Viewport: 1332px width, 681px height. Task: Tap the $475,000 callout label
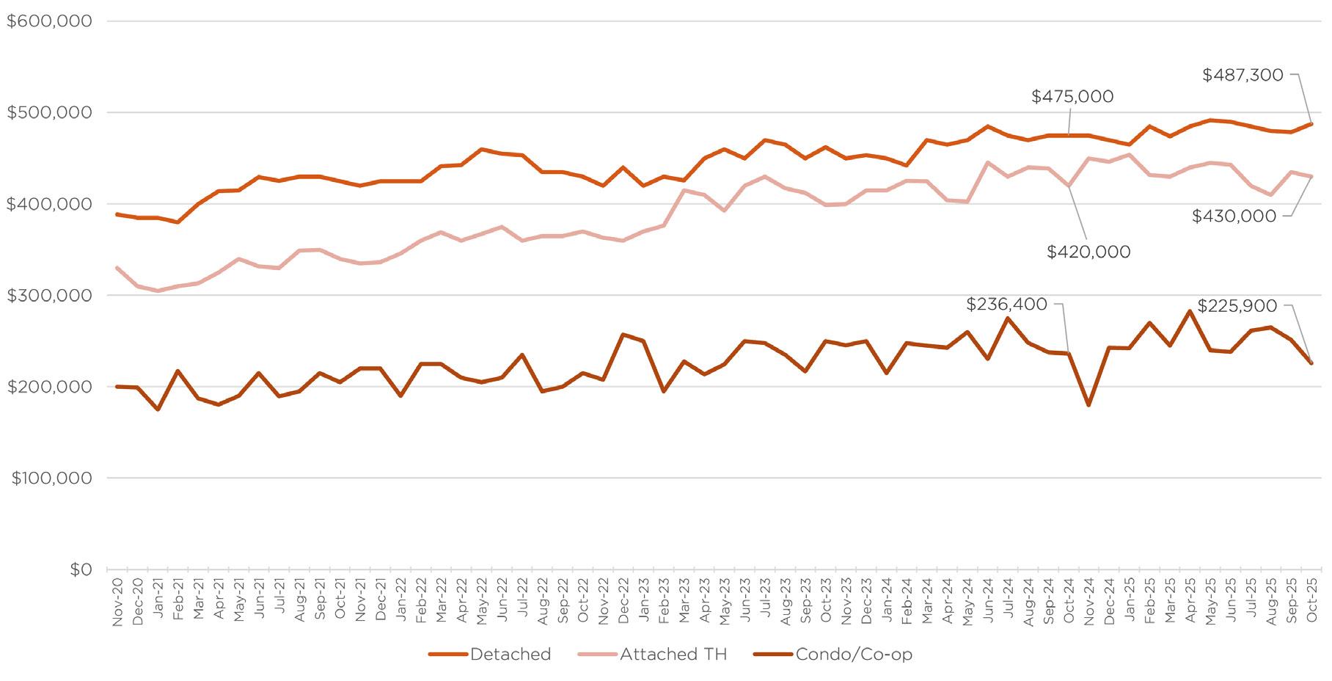[1072, 97]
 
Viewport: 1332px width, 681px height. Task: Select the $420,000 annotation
[1088, 252]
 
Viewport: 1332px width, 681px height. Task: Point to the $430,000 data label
[1234, 216]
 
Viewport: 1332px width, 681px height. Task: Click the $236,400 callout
[1007, 305]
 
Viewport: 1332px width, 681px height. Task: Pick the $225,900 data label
[1237, 306]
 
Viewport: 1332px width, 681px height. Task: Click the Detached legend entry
[490, 655]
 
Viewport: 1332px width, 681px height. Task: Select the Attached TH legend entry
[653, 655]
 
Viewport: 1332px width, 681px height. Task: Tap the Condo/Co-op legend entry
[833, 655]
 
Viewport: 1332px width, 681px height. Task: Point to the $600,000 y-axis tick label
[50, 21]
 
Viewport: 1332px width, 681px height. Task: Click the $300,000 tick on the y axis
[50, 296]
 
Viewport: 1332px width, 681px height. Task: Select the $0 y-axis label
[81, 569]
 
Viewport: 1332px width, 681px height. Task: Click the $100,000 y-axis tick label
[51, 478]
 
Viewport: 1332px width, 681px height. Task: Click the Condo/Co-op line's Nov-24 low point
[1088, 405]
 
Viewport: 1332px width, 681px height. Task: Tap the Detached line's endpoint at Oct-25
[1311, 124]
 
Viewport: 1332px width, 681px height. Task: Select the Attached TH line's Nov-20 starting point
[117, 268]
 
